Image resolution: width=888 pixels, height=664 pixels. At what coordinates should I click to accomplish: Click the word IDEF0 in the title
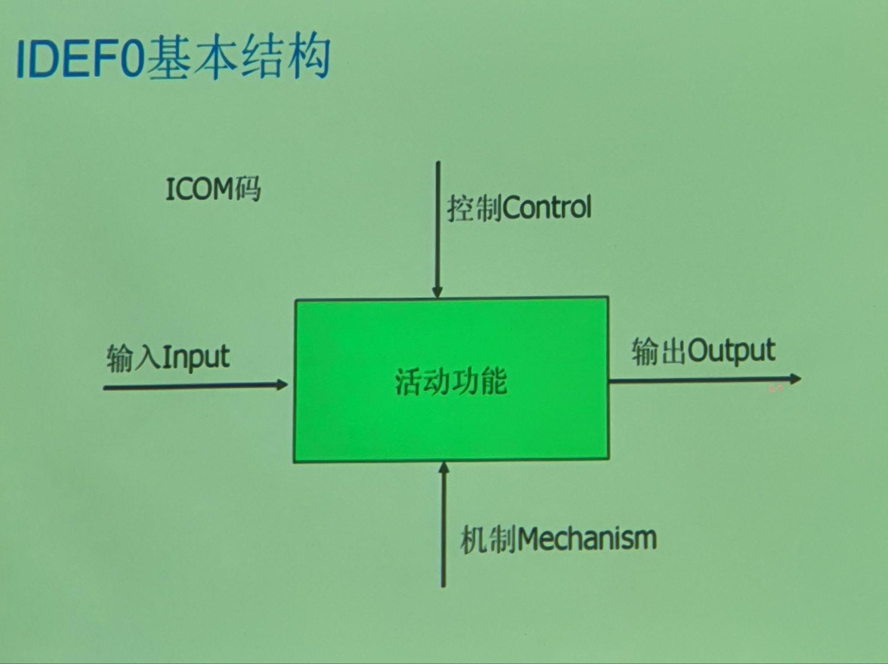pos(80,58)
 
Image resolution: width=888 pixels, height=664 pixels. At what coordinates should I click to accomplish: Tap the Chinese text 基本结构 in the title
pos(238,57)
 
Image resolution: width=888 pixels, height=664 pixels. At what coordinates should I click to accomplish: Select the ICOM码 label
pos(213,189)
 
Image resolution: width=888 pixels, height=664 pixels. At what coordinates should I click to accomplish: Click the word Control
pos(548,207)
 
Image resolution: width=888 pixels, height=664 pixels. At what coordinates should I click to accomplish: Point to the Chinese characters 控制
pos(475,208)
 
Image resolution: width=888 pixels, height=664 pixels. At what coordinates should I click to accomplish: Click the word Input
pos(196,358)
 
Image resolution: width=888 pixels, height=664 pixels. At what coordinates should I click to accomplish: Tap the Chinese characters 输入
pos(134,358)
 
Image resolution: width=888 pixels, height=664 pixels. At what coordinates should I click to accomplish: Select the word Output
pos(731,351)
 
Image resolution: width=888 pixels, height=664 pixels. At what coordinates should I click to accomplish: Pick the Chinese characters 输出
pos(659,352)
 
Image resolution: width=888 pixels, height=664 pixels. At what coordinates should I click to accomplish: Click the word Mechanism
pos(587,539)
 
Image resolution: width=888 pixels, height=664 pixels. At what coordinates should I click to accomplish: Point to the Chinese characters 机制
pos(489,540)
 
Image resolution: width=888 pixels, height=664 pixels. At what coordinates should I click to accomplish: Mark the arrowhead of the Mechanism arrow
pos(444,467)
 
